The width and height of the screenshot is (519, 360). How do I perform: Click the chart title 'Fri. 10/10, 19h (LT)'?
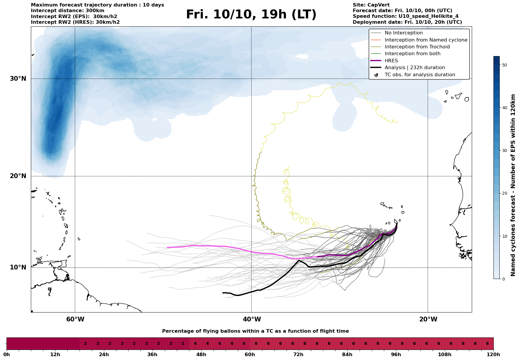pyautogui.click(x=251, y=15)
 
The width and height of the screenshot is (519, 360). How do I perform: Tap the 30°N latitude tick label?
pyautogui.click(x=18, y=79)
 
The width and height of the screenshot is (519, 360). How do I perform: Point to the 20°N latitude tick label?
pyautogui.click(x=18, y=176)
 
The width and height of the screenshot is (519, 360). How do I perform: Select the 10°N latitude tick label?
pyautogui.click(x=18, y=268)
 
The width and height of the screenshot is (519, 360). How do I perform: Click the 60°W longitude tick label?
pyautogui.click(x=75, y=320)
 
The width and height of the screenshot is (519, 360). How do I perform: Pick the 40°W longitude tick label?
pyautogui.click(x=252, y=320)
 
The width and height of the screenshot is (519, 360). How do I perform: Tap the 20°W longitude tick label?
pyautogui.click(x=428, y=320)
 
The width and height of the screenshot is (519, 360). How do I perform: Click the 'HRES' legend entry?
pyautogui.click(x=391, y=61)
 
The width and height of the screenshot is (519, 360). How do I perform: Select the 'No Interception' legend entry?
pyautogui.click(x=404, y=33)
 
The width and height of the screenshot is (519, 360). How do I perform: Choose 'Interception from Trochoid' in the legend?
pyautogui.click(x=417, y=47)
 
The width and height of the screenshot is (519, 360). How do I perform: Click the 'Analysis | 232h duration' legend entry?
pyautogui.click(x=414, y=68)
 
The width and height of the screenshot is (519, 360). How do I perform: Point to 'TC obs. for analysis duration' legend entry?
pyautogui.click(x=420, y=75)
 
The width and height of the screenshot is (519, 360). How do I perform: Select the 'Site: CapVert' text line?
pyautogui.click(x=371, y=5)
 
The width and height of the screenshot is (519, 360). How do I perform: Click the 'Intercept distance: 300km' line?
pyautogui.click(x=67, y=11)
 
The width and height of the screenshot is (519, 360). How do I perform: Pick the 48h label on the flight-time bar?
pyautogui.click(x=201, y=355)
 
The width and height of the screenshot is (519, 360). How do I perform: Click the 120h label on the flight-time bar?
pyautogui.click(x=493, y=355)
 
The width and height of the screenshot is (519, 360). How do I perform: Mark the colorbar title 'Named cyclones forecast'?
pyautogui.click(x=513, y=185)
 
